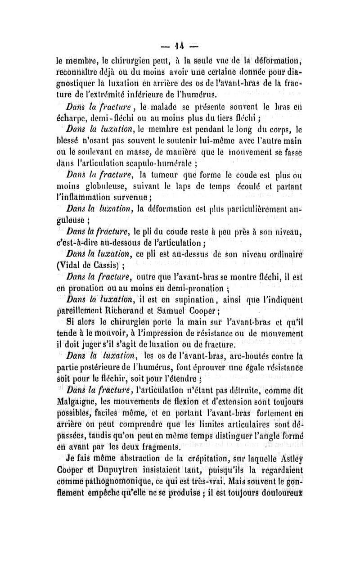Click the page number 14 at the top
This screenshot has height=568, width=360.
pos(180,46)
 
